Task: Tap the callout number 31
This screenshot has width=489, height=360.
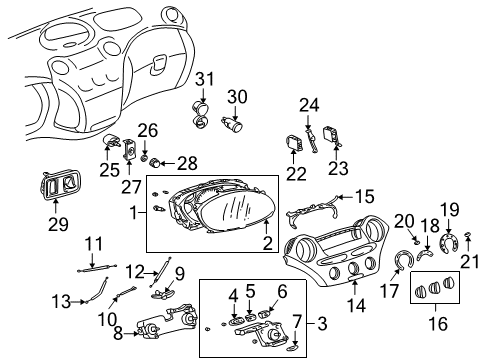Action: point(204,79)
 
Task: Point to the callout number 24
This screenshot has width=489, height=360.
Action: point(309,104)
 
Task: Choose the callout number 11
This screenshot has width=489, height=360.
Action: point(93,243)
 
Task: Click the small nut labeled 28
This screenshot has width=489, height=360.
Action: point(144,161)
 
